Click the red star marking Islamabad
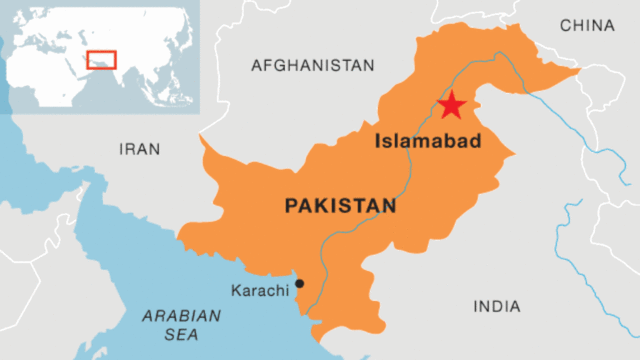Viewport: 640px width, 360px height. pyautogui.click(x=452, y=104)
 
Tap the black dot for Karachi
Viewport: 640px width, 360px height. pyautogui.click(x=299, y=284)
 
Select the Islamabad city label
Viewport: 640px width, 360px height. pyautogui.click(x=428, y=142)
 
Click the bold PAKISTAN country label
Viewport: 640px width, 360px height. pyautogui.click(x=340, y=206)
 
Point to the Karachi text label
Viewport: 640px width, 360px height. pyautogui.click(x=260, y=290)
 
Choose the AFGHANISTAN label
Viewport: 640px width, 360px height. pyautogui.click(x=312, y=65)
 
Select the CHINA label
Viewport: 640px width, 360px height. pyautogui.click(x=587, y=25)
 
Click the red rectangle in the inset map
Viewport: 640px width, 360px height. pyautogui.click(x=101, y=59)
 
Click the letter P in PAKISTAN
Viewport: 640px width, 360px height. pyautogui.click(x=291, y=206)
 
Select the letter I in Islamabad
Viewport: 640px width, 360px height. pyautogui.click(x=377, y=142)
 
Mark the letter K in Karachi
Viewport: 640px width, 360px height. pyautogui.click(x=236, y=290)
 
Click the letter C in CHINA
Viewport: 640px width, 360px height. pyautogui.click(x=566, y=25)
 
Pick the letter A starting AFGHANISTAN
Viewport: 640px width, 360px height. pyautogui.click(x=256, y=65)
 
